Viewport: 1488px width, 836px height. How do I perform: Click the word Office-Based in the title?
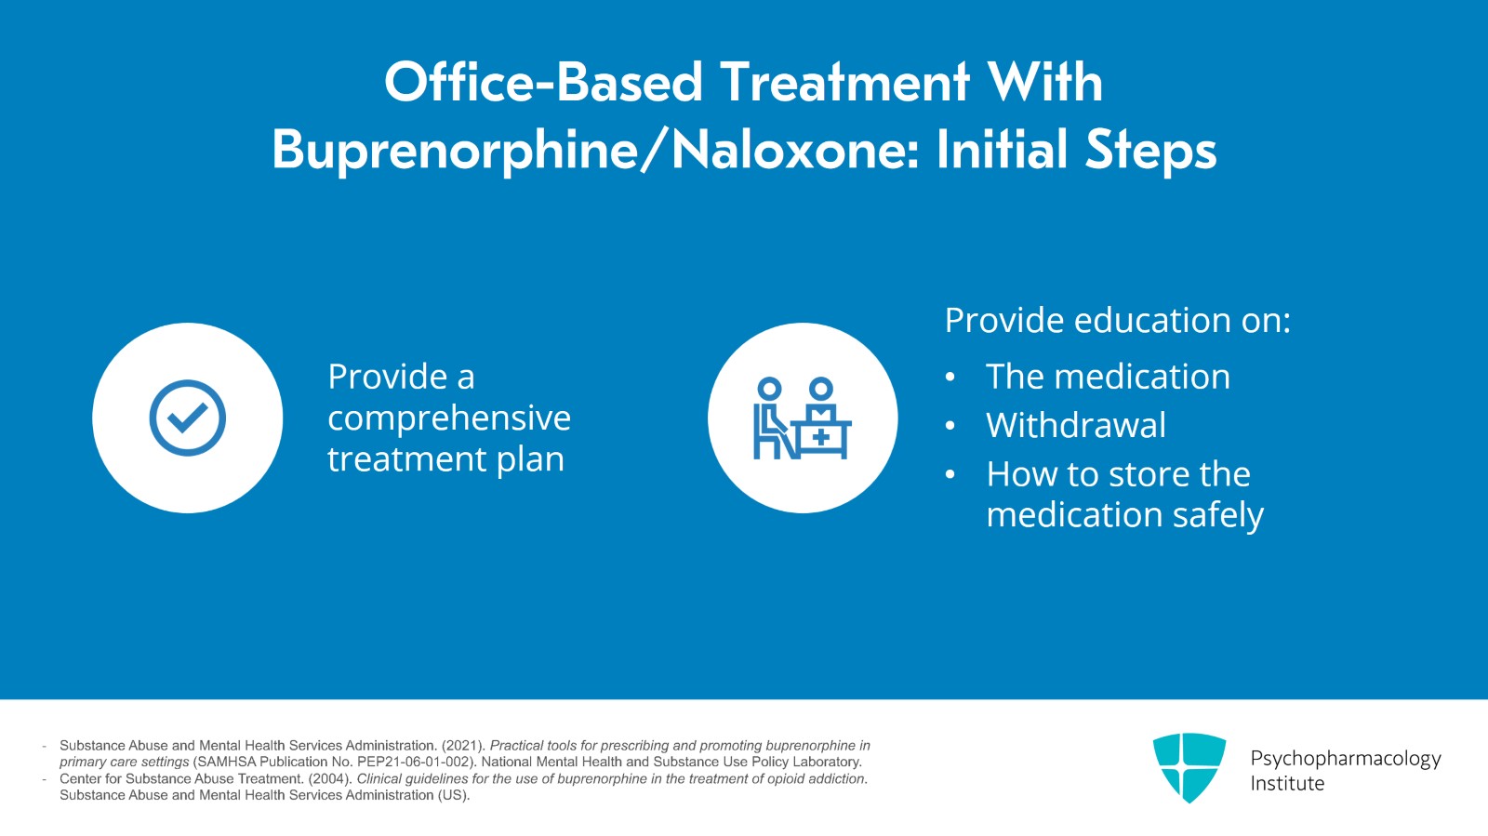(543, 82)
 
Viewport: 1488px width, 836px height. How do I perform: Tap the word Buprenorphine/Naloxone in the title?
(595, 151)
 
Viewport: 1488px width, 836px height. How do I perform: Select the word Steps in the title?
(1150, 151)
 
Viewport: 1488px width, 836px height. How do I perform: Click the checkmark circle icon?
(187, 418)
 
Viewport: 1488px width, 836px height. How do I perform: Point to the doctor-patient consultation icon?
(803, 418)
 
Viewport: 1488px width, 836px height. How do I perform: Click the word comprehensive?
(449, 418)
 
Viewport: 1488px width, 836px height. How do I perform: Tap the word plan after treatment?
(530, 459)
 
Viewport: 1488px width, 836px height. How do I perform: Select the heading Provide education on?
(1117, 320)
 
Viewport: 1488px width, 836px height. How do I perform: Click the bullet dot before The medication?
(950, 378)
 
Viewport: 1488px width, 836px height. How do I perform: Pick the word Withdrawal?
(1075, 425)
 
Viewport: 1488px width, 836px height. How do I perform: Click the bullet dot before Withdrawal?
(950, 426)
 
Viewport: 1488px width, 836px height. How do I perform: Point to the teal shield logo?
(1189, 767)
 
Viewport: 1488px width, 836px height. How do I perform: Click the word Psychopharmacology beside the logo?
(1346, 759)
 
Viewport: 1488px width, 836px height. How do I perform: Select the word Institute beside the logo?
(1287, 784)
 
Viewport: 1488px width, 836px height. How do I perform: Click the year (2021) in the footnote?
(463, 746)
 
